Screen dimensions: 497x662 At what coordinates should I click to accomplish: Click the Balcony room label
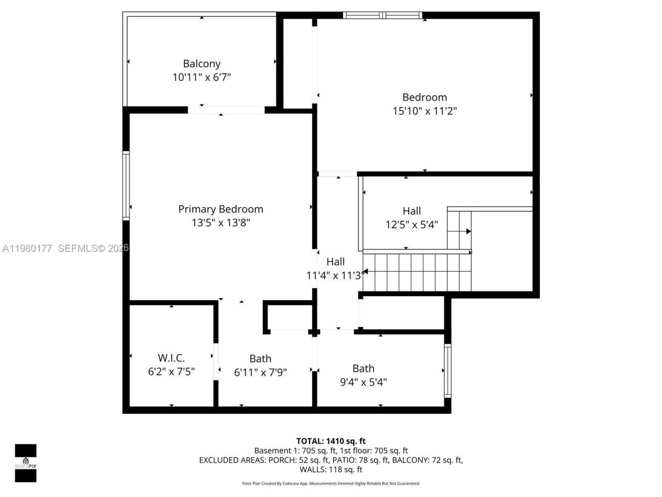(202, 64)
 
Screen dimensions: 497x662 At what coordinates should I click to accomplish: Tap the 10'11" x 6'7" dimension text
(202, 77)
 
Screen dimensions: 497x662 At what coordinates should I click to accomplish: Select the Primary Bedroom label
(221, 209)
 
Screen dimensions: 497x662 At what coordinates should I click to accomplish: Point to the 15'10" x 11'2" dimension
(425, 111)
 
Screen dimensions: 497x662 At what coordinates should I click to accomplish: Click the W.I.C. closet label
(171, 358)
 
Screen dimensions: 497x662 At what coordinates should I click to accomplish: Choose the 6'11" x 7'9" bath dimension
(260, 372)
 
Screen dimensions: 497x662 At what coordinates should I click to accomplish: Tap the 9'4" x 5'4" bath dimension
(363, 382)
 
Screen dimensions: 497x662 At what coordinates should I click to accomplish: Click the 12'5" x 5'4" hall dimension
(412, 225)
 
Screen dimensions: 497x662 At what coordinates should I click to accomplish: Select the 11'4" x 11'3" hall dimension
(335, 275)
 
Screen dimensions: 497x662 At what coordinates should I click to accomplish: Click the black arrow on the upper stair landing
(468, 231)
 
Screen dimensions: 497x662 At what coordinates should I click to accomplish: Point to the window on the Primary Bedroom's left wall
(126, 185)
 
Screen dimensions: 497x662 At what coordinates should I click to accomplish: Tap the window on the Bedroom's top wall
(383, 16)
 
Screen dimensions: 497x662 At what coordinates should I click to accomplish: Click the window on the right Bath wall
(448, 371)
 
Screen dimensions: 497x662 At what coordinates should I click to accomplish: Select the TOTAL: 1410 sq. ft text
(331, 441)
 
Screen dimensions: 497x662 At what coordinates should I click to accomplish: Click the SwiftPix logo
(25, 463)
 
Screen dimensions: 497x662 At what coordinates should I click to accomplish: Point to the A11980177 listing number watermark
(27, 248)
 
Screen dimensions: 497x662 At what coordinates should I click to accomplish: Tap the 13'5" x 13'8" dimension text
(221, 223)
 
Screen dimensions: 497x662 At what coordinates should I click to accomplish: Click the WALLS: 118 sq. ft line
(331, 470)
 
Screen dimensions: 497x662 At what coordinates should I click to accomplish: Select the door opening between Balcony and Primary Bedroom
(226, 110)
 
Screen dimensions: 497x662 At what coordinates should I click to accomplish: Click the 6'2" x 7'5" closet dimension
(171, 371)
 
